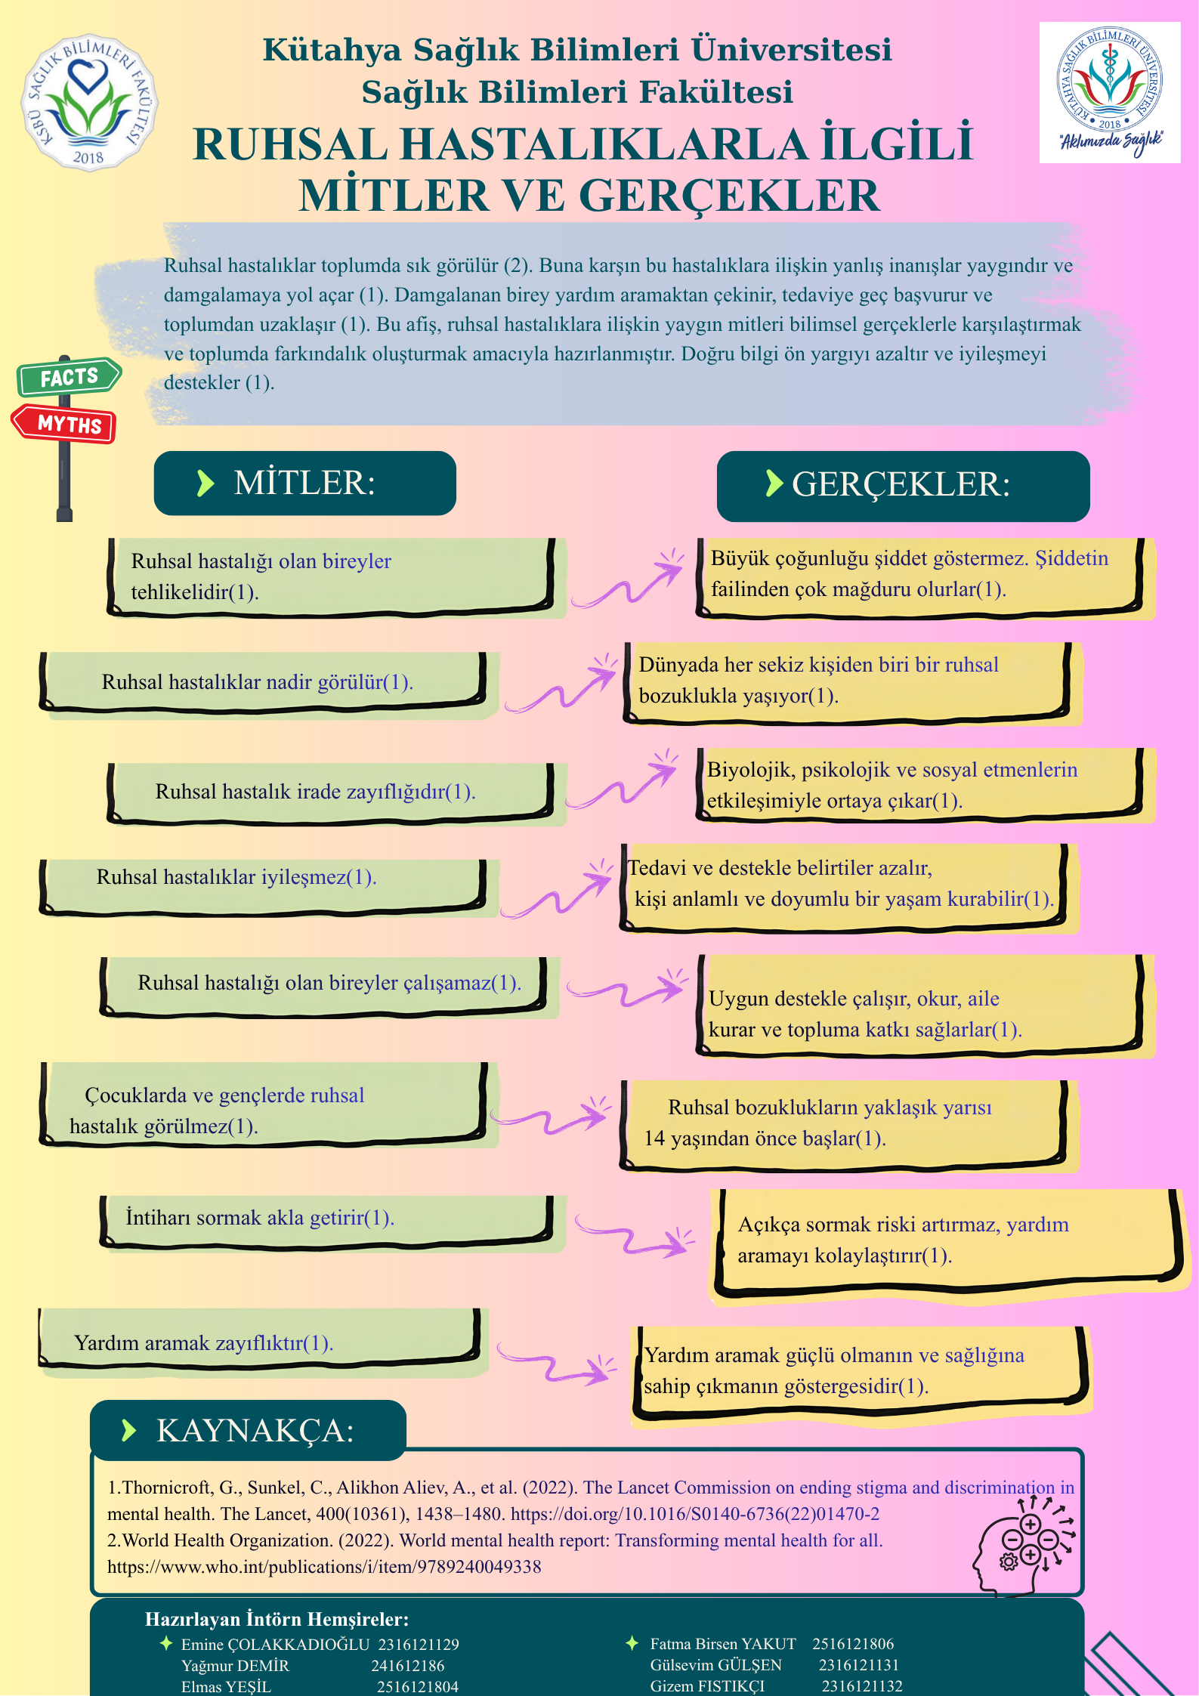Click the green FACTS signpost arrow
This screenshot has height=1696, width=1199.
click(69, 376)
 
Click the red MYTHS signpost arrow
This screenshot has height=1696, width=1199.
click(64, 424)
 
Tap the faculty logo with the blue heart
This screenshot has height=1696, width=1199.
click(89, 102)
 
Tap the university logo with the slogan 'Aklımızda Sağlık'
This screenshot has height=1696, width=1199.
click(1109, 92)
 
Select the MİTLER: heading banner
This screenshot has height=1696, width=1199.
click(304, 483)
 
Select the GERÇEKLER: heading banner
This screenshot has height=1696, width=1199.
click(903, 486)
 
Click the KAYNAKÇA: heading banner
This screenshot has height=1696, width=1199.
click(248, 1430)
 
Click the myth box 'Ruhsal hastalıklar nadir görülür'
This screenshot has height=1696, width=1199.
click(263, 682)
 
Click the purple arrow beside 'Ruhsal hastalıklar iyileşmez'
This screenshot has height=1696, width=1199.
click(557, 889)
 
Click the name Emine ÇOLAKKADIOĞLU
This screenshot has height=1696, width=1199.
click(275, 1644)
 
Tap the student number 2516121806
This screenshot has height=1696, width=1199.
click(853, 1643)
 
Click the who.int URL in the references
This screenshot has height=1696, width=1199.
click(324, 1567)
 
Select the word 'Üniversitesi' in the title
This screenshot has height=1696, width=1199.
click(792, 49)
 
